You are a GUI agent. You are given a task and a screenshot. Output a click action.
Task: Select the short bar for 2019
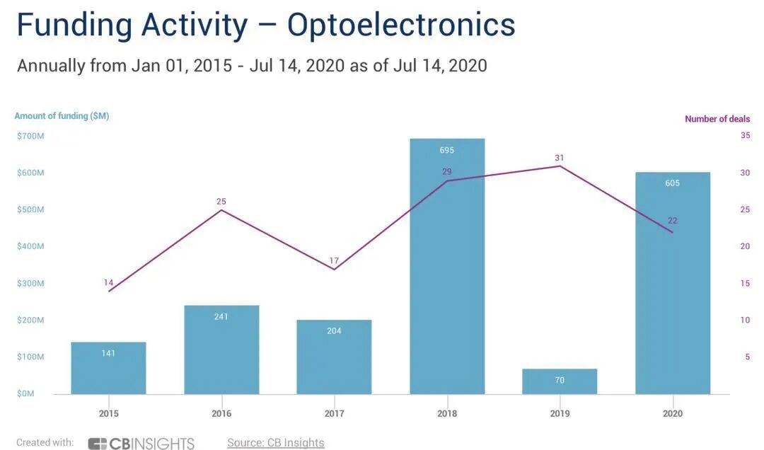pos(560,381)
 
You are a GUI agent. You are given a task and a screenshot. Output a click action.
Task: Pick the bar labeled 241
pos(221,350)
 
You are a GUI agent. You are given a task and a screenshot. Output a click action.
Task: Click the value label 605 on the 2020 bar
pos(672,183)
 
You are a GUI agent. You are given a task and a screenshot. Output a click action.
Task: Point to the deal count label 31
pos(560,158)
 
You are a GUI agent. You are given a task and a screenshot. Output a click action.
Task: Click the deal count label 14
pos(108,283)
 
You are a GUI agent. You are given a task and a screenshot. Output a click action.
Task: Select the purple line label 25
pos(221,202)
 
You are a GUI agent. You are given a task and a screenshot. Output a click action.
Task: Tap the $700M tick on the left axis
pos(30,135)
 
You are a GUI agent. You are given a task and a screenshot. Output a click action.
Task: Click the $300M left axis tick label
pos(30,283)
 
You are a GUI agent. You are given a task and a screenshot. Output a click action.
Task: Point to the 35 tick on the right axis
pos(745,135)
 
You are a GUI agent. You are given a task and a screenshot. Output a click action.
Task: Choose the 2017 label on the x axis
pos(334,413)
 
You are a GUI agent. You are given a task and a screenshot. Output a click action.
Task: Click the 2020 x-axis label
pos(673,413)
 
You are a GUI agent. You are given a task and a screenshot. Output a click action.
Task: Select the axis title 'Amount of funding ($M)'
pos(62,116)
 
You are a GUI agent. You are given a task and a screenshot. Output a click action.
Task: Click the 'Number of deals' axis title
pos(717,119)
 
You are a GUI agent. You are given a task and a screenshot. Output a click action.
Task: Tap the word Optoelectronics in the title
pos(400,25)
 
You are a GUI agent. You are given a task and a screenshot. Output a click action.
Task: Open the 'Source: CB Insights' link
pos(275,443)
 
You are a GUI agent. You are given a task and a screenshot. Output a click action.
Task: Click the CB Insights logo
pos(141,444)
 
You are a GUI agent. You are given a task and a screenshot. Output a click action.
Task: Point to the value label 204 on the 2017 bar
pos(334,330)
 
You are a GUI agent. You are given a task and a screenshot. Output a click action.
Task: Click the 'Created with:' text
pos(45,443)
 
